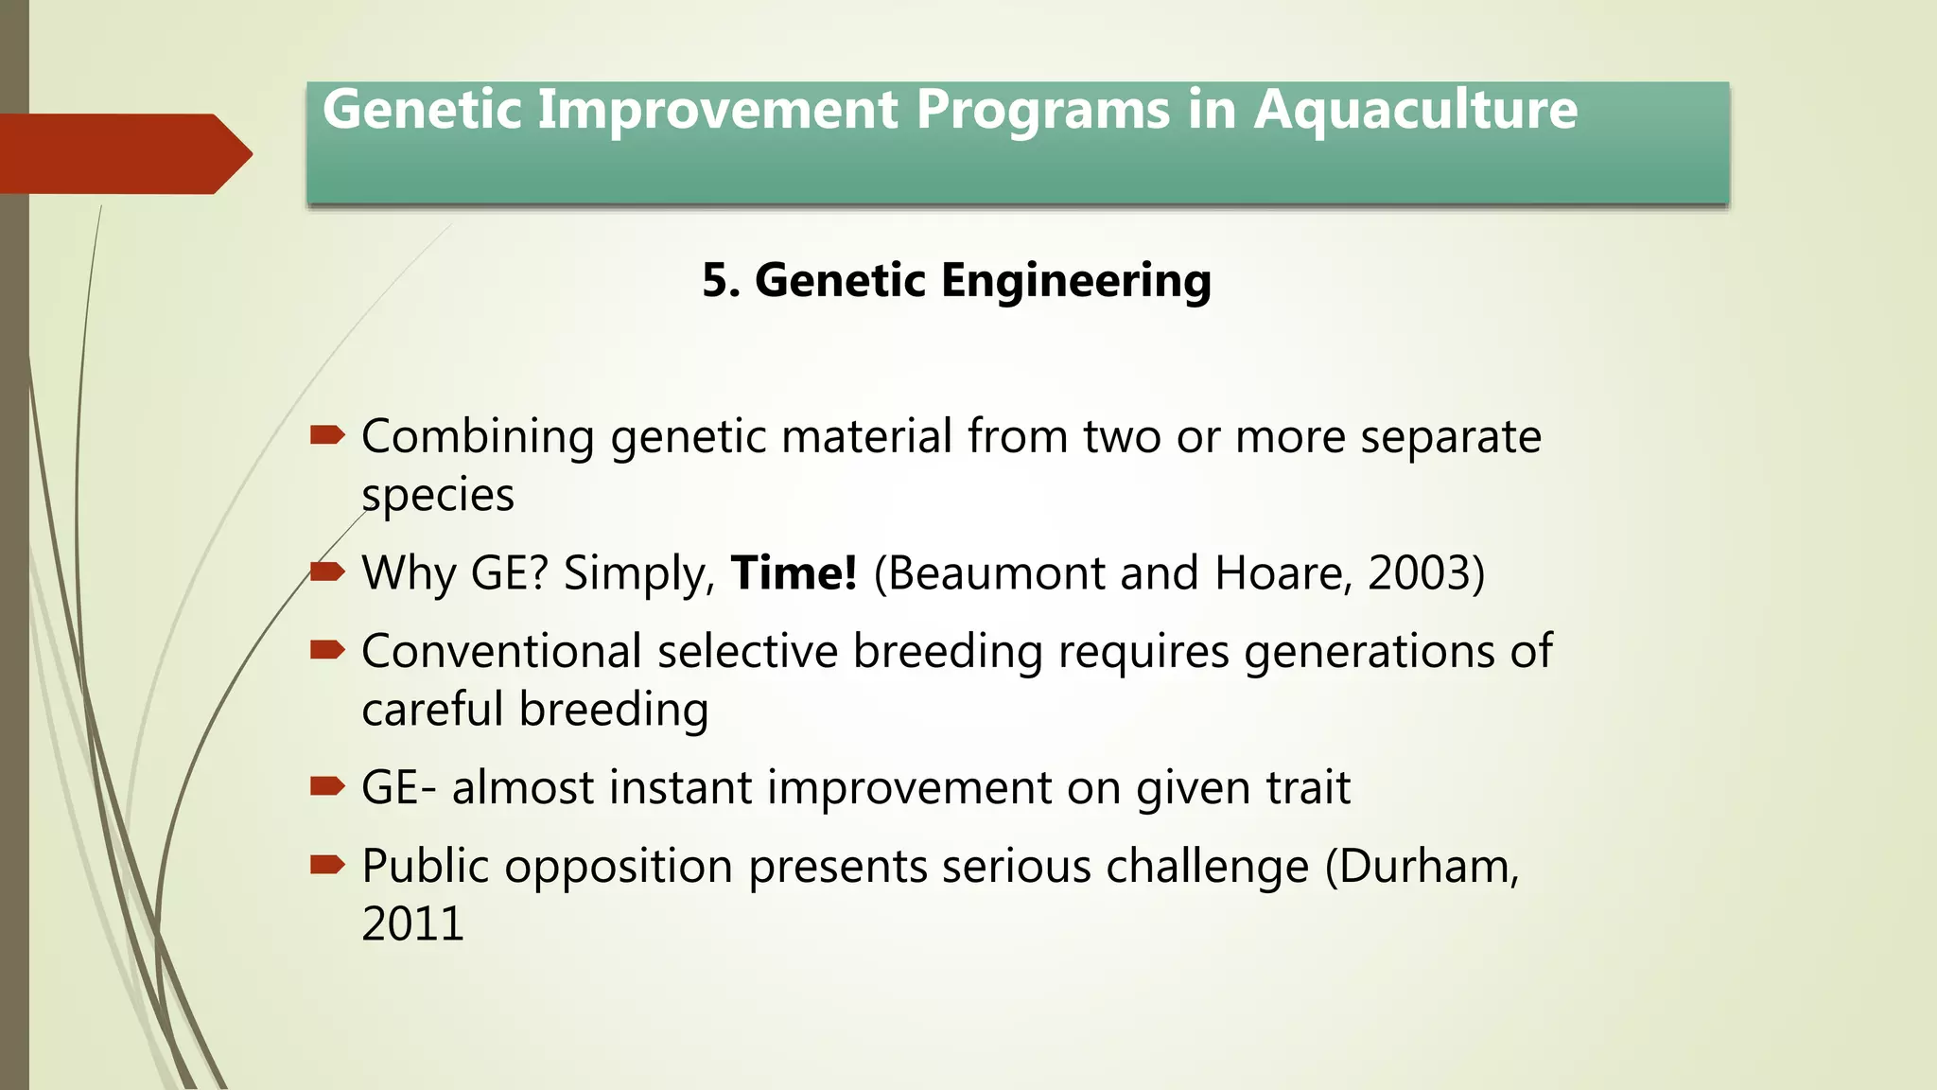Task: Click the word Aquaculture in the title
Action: (x=1415, y=111)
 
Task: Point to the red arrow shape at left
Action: (x=123, y=153)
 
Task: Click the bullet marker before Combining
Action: (x=327, y=435)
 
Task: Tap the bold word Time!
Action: (x=794, y=573)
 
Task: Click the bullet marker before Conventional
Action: (x=327, y=649)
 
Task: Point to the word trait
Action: (x=1308, y=788)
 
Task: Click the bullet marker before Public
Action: (x=327, y=864)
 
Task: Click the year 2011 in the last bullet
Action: (x=412, y=924)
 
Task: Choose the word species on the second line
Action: (x=438, y=496)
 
